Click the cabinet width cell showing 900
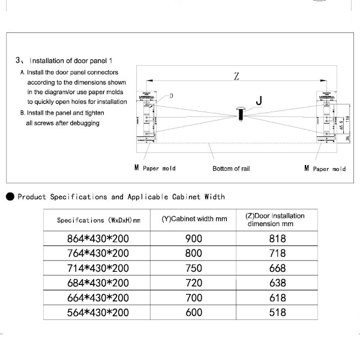tap(195, 238)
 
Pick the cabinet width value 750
tap(195, 268)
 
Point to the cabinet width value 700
tap(195, 297)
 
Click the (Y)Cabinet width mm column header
tap(195, 220)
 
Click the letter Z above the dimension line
tap(236, 76)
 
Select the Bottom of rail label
tap(231, 169)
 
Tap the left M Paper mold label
tap(155, 168)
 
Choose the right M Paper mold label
tap(325, 169)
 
